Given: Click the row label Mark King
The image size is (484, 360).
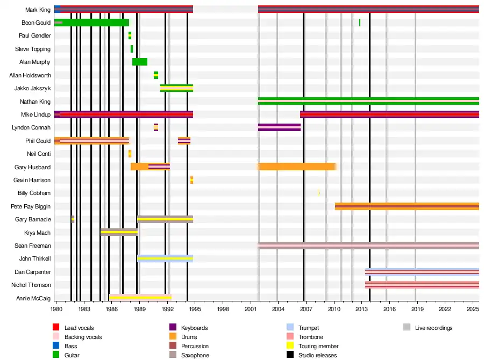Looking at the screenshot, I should (38, 10).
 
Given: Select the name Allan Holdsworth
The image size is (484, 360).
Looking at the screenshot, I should (30, 75).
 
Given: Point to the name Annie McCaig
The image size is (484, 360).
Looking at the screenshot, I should (33, 298).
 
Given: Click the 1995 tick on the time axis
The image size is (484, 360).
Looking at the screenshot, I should (195, 309).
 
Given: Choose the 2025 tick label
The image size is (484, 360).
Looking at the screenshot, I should (473, 309).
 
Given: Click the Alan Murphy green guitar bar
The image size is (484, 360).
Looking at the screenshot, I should (140, 62).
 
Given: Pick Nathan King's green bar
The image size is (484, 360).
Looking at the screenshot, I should (368, 101).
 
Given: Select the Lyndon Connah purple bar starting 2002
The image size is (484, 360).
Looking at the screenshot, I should (279, 127).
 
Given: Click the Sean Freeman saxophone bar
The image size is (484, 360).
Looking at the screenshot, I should (368, 246).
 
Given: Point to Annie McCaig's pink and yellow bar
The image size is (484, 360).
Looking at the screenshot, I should (140, 297).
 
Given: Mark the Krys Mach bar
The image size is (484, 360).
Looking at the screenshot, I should (119, 232).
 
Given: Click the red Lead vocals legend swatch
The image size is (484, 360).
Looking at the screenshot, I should (55, 328).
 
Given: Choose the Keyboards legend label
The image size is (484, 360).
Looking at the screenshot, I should (194, 328).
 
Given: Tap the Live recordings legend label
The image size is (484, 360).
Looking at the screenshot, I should (433, 328).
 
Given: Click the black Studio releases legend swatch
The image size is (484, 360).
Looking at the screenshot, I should (289, 355).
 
